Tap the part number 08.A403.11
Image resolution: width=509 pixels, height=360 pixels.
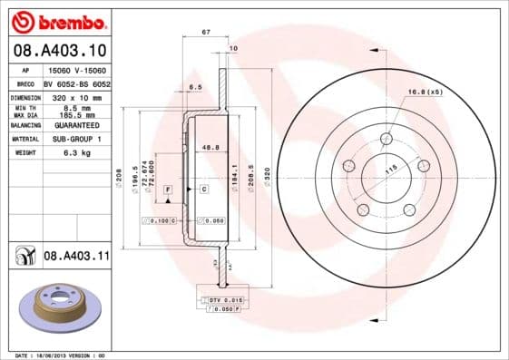tap(76, 257)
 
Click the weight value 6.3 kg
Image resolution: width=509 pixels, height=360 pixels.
tap(75, 153)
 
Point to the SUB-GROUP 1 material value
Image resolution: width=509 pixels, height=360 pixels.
tap(75, 140)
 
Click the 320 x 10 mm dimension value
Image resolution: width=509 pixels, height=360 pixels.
tap(75, 95)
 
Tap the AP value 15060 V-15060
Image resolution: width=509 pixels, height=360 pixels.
tap(75, 70)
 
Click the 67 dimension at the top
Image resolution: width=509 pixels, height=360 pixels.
tap(206, 32)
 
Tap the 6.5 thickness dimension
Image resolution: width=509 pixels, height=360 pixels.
tap(195, 87)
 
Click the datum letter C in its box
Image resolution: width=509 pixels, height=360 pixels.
tap(203, 188)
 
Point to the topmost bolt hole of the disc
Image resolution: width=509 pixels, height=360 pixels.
tap(386, 139)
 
